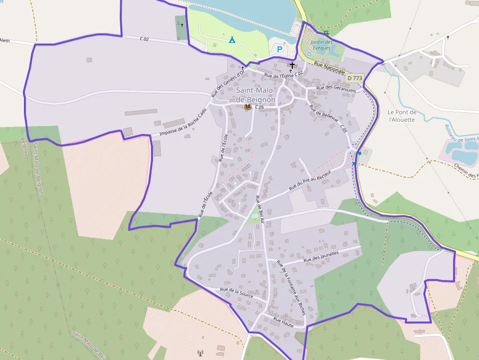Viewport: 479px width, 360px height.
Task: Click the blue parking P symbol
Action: (280, 49)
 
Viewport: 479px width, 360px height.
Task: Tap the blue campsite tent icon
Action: (232, 40)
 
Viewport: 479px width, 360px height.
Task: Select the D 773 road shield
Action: (355, 78)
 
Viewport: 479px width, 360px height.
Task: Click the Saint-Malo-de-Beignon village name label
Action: (256, 95)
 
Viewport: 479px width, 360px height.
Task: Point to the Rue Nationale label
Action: (326, 68)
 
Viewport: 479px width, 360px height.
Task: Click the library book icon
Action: (248, 106)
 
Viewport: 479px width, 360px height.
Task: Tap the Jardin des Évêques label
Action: (322, 45)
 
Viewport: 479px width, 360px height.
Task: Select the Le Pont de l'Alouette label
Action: (402, 115)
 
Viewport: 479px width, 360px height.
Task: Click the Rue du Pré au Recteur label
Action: (310, 181)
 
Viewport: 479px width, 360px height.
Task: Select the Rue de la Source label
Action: (237, 293)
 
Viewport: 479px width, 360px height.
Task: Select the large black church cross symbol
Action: (292, 65)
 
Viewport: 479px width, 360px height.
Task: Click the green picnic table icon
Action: (327, 33)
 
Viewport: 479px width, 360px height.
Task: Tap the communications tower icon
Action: (200, 352)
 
